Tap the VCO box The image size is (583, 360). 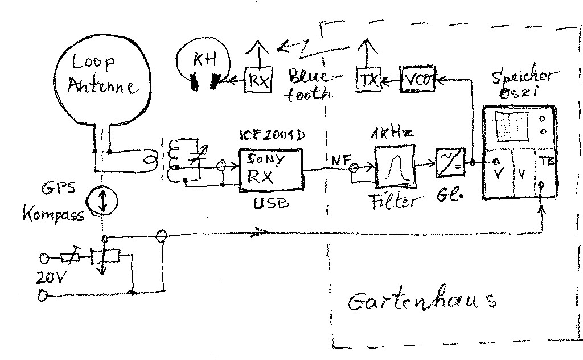tap(417, 80)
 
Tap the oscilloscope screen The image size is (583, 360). tap(512, 126)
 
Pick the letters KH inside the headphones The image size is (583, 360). tap(204, 59)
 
